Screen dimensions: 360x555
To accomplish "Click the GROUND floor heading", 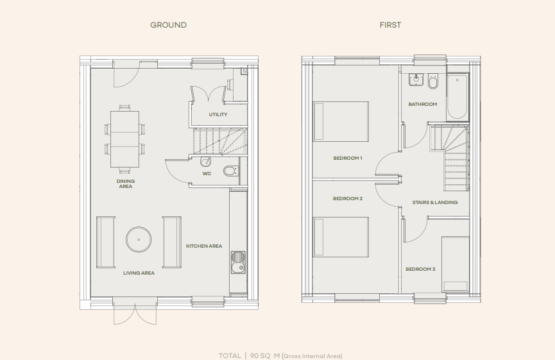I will coord(168,25).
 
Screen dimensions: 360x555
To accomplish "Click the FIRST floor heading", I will coord(390,25).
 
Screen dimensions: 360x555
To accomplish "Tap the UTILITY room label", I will coord(218,115).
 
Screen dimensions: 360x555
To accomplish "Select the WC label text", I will coord(207,173).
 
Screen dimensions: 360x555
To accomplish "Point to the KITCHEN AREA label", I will coord(204,246).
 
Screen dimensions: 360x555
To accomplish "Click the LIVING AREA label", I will coord(139,273).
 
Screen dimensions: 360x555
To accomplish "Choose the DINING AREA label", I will coord(125,184).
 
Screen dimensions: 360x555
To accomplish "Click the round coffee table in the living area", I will coord(139,240).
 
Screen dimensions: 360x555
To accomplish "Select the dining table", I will coord(124,139).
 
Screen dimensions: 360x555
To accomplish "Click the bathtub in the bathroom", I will coord(457,97).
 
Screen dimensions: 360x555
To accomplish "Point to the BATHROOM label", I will coord(423,105).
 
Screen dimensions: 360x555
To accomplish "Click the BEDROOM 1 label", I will coord(348,158).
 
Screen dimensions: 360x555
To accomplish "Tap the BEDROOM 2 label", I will coord(348,199).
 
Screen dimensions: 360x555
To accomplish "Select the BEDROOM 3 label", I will coord(420,269).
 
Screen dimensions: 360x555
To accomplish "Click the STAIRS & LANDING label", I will coord(435,202).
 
